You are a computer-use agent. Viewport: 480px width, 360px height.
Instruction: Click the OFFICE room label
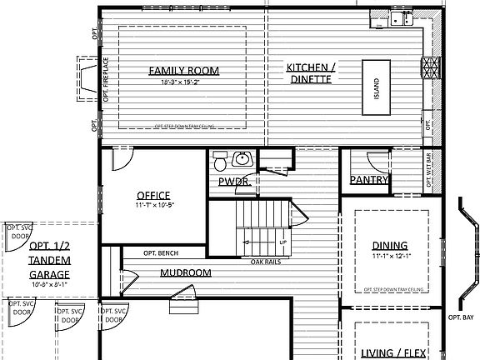click(x=153, y=195)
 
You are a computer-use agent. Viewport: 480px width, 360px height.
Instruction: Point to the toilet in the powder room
click(x=219, y=157)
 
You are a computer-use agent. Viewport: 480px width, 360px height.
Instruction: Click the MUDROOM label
click(x=185, y=272)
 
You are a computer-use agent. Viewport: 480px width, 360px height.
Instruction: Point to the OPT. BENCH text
click(x=162, y=253)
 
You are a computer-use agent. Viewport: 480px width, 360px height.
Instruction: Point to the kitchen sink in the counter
click(x=403, y=18)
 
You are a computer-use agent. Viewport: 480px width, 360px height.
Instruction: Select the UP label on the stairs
click(x=282, y=242)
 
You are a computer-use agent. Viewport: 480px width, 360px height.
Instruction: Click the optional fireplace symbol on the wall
click(x=87, y=79)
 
